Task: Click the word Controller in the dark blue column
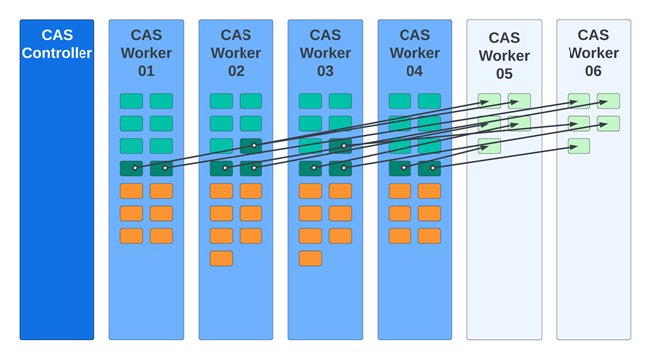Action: point(57,53)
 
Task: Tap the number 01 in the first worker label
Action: point(146,71)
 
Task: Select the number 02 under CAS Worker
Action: point(236,71)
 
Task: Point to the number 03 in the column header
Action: point(325,71)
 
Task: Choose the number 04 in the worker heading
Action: point(414,71)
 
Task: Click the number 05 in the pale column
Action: point(504,73)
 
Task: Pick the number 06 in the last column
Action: point(593,71)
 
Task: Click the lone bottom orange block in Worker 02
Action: point(221,258)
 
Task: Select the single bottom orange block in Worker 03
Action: point(310,258)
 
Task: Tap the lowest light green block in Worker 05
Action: point(489,146)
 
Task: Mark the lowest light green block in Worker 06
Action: point(578,146)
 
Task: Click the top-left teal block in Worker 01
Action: point(131,101)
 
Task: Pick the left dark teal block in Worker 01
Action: point(131,168)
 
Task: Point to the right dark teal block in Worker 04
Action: point(429,168)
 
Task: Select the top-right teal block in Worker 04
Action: point(429,101)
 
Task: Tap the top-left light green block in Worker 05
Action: point(489,101)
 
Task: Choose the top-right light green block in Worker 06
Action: point(608,101)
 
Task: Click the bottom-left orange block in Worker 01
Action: point(131,236)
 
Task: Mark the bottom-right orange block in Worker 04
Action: point(429,236)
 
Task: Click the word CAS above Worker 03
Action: point(325,35)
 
